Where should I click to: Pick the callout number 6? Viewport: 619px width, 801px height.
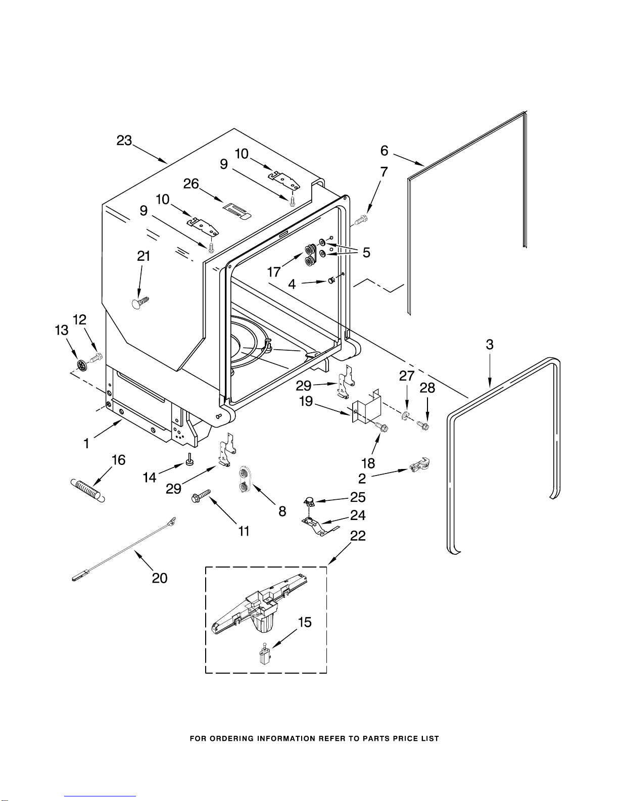[385, 151]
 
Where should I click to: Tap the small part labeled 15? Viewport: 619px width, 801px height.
[263, 656]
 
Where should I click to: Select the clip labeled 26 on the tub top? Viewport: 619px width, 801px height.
[237, 210]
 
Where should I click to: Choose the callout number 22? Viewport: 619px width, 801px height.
[358, 536]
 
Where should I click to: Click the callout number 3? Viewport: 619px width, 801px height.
[489, 345]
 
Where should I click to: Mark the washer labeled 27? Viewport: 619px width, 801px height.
[405, 416]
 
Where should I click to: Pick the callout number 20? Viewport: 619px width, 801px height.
[160, 578]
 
